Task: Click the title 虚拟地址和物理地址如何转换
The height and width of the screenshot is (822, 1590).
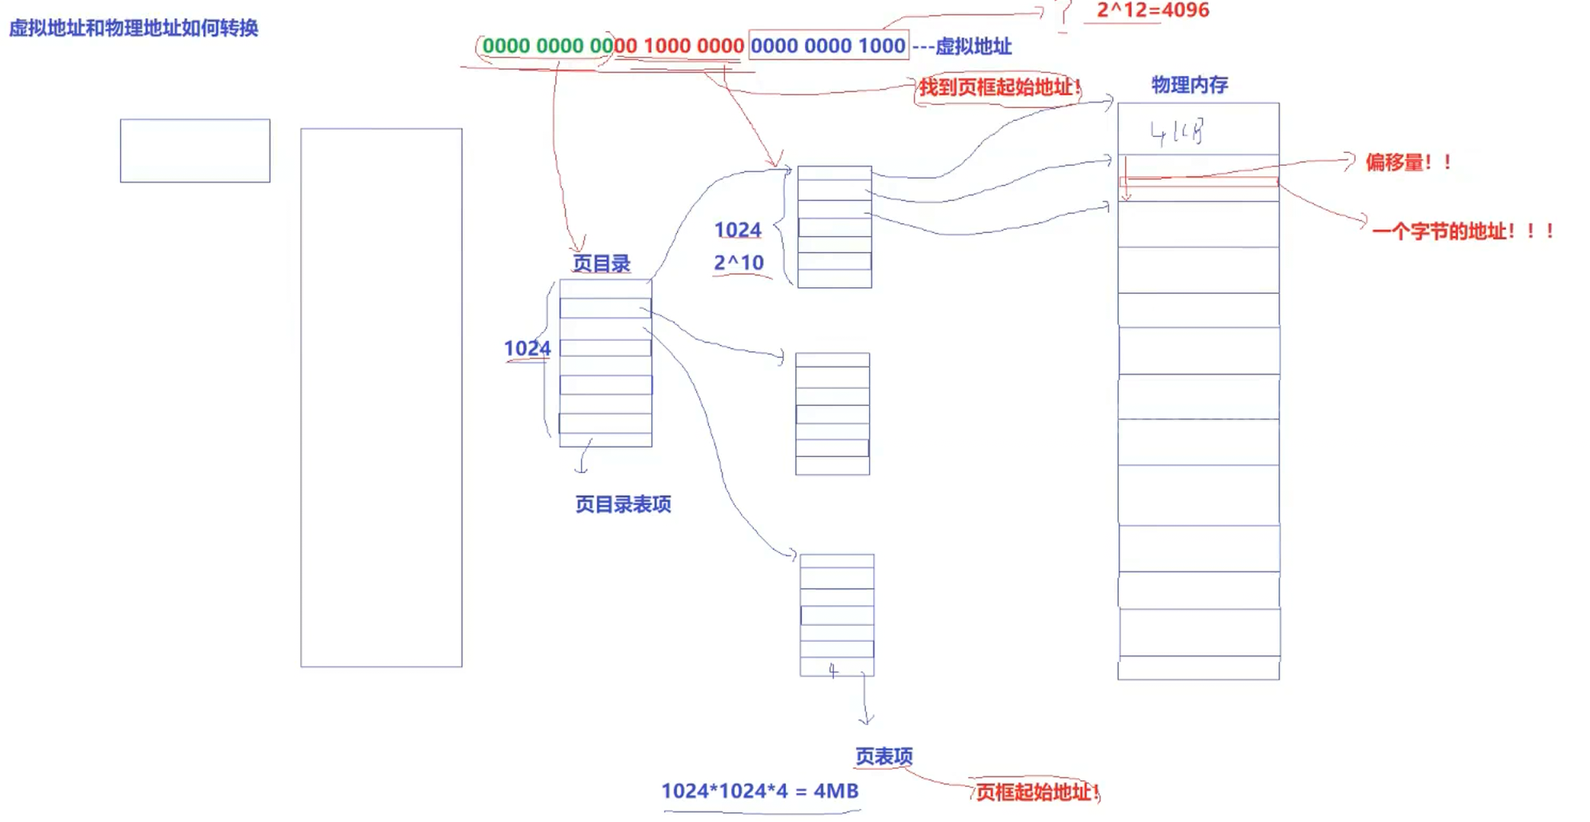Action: click(x=134, y=29)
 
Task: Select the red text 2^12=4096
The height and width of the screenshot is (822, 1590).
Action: click(x=1152, y=10)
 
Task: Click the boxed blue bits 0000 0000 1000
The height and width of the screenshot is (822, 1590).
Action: click(x=827, y=46)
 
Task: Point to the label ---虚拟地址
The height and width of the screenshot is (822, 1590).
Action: click(x=963, y=46)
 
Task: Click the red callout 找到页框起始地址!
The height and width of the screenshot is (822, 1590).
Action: click(x=999, y=86)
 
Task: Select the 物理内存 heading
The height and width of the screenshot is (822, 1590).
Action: click(x=1189, y=85)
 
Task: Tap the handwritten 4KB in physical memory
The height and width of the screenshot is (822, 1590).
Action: click(x=1176, y=132)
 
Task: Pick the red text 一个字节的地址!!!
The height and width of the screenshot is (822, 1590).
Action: click(x=1463, y=231)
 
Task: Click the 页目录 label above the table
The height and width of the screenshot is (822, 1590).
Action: click(x=601, y=263)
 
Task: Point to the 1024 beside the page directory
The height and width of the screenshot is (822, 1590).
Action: click(x=527, y=348)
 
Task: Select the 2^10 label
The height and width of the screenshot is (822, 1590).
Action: click(x=739, y=263)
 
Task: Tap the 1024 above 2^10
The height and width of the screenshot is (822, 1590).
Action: click(x=737, y=230)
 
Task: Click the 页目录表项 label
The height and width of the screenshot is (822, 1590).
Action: click(x=623, y=504)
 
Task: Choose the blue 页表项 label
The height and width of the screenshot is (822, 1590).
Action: click(x=883, y=756)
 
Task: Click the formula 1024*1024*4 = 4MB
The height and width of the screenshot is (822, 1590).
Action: click(x=759, y=791)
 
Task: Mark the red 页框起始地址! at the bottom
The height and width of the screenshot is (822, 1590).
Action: click(x=1036, y=792)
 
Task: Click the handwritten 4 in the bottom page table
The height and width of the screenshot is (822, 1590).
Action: click(x=833, y=671)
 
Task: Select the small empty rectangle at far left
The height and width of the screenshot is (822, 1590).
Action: click(x=195, y=150)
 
